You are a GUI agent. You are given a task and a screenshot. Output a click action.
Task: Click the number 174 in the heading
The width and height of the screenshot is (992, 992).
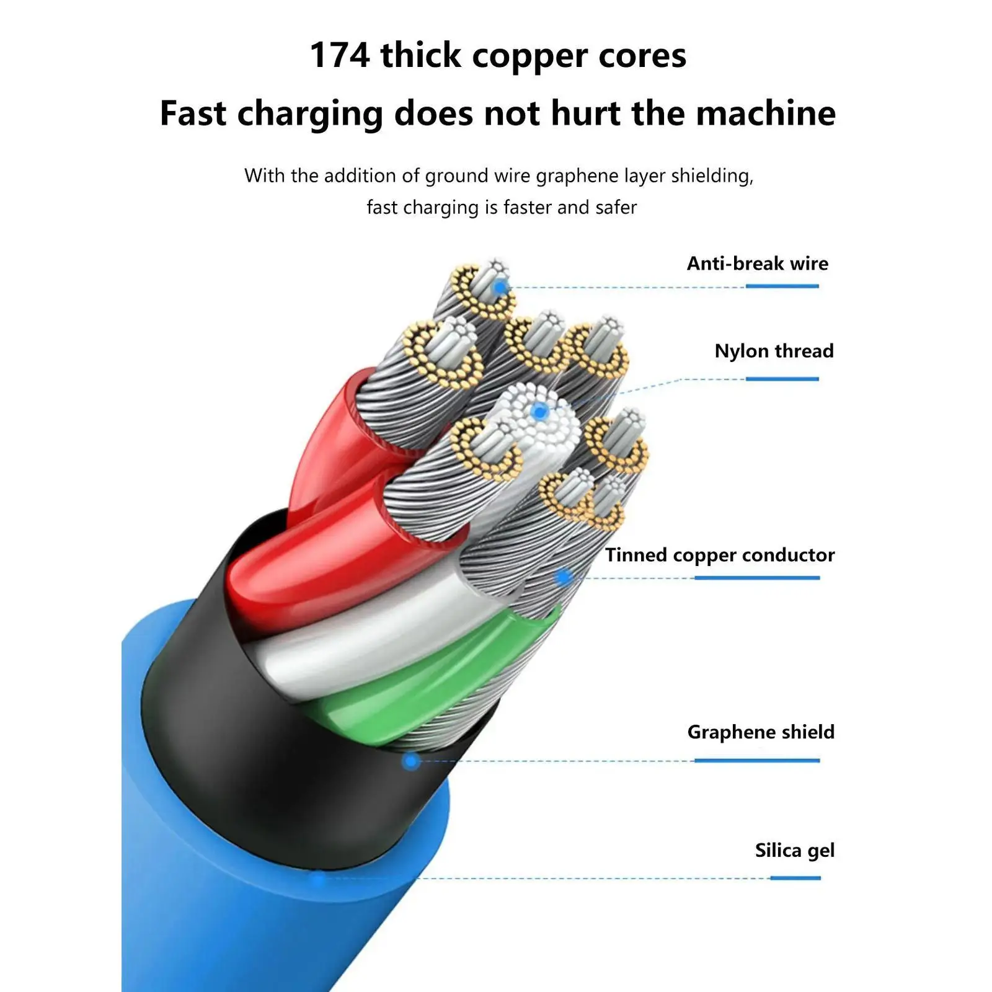click(339, 55)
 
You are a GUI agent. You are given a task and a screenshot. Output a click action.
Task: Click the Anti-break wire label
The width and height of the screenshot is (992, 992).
click(757, 263)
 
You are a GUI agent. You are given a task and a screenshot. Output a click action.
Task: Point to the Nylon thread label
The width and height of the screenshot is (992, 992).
click(774, 351)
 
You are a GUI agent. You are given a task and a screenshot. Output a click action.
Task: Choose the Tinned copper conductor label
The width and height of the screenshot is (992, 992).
click(720, 555)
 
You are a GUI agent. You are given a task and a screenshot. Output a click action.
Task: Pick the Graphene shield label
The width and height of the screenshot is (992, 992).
click(761, 732)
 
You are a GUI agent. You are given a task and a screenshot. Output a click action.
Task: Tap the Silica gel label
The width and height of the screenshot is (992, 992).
click(794, 850)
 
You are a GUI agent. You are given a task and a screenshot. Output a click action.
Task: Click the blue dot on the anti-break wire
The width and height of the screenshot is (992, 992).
click(500, 287)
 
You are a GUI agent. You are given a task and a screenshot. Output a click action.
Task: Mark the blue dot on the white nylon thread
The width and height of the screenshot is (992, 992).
click(540, 410)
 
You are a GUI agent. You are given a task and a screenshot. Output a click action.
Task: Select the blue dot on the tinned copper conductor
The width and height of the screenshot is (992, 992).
click(564, 578)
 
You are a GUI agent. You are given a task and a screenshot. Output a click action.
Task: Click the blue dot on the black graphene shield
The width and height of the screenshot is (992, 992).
click(410, 761)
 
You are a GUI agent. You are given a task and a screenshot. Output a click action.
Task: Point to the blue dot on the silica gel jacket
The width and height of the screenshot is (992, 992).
click(317, 878)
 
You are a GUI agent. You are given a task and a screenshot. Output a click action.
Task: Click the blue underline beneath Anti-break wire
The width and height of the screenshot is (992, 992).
click(782, 286)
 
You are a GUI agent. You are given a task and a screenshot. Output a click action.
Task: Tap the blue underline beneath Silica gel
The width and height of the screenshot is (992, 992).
click(795, 878)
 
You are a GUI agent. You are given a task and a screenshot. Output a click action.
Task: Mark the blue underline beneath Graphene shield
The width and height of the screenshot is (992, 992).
click(756, 761)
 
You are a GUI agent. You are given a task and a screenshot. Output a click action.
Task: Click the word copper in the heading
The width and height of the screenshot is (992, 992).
click(529, 55)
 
